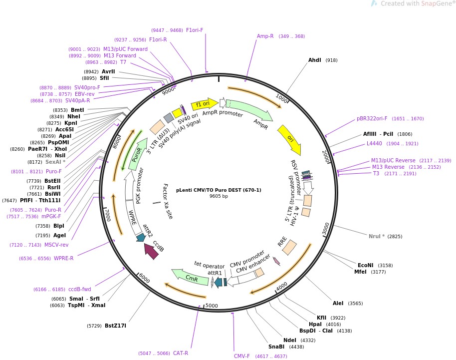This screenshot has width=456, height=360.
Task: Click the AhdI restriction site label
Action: coord(315,60)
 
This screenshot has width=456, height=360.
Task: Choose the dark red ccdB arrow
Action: coord(151,251)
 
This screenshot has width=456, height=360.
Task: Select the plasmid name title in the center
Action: coord(219,190)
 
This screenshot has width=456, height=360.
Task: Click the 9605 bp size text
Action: coord(219,196)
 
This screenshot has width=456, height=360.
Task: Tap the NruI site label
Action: coord(375,236)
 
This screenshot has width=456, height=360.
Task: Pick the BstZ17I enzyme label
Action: coord(115,326)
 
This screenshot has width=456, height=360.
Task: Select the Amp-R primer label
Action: coord(265,36)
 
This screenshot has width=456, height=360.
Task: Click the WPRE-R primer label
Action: coord(63,258)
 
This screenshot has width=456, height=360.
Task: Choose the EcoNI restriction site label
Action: coord(365,265)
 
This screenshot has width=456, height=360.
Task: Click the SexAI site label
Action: coord(55,162)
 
